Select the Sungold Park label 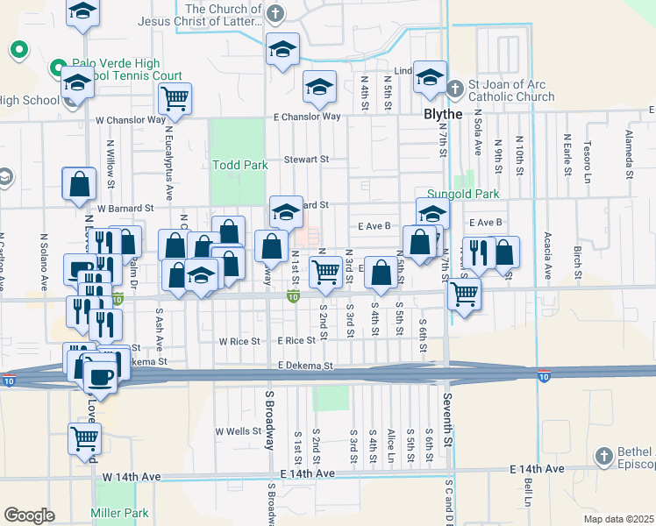(462, 194)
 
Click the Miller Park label (119, 513)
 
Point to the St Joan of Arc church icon (455, 89)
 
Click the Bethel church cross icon (603, 456)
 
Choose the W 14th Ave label (132, 476)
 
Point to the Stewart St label (305, 160)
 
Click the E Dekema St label (306, 365)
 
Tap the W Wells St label (238, 431)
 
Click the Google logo (29, 515)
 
